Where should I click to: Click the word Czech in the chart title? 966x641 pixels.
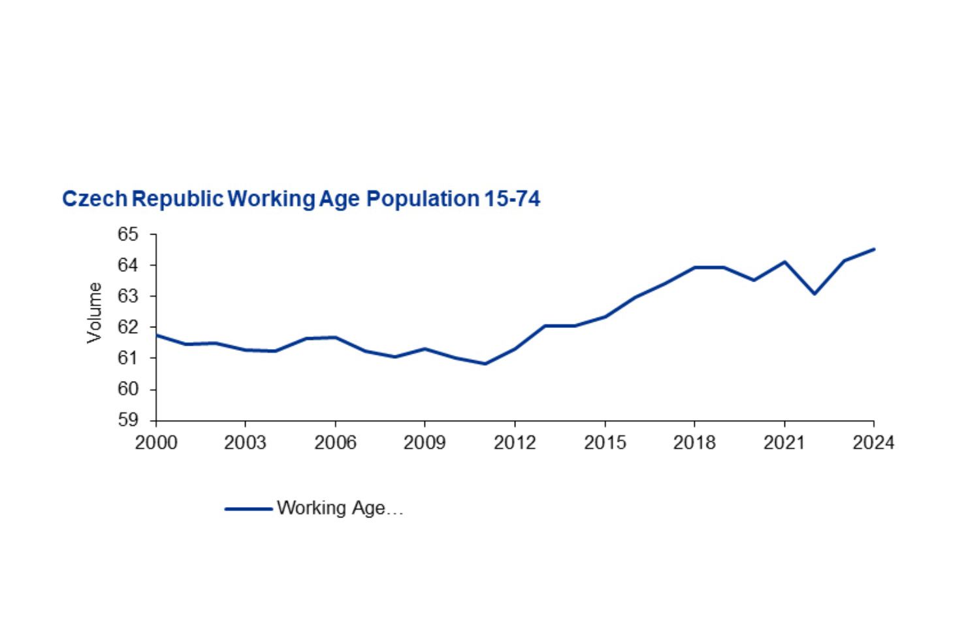[94, 199]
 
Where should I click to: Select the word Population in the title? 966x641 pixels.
[423, 199]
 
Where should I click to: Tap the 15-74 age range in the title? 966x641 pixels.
[512, 199]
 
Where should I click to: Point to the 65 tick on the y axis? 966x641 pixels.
[129, 235]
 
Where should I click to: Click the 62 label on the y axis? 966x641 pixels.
[129, 327]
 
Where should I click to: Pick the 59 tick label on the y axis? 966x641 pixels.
[129, 420]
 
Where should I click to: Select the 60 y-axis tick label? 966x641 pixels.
[129, 389]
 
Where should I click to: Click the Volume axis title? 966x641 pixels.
[95, 312]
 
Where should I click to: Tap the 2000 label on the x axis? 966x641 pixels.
[155, 443]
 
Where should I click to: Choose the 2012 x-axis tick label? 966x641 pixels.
[515, 443]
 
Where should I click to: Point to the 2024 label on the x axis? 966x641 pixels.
[873, 443]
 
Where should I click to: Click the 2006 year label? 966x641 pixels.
[335, 443]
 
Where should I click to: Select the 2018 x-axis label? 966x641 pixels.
[694, 443]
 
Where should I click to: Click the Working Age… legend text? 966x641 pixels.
[340, 508]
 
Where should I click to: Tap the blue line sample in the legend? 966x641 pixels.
[248, 508]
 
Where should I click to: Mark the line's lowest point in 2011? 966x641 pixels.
[485, 364]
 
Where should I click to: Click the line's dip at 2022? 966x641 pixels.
[814, 293]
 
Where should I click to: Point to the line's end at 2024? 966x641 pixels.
[873, 249]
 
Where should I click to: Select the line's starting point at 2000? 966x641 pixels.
[157, 335]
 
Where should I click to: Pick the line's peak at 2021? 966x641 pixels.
[784, 262]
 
